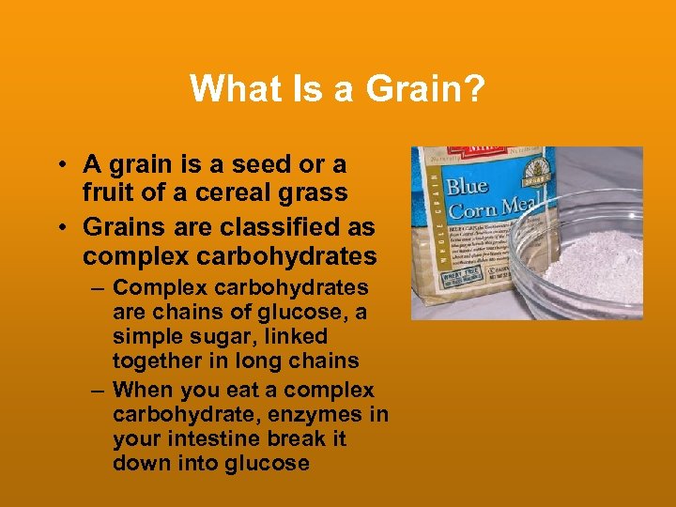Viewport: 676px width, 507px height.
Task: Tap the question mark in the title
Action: tap(476, 90)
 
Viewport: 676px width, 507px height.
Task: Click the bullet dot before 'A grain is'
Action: tap(59, 165)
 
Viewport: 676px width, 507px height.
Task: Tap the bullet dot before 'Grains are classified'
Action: tap(59, 228)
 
